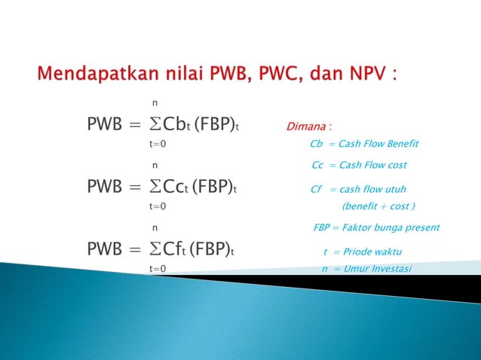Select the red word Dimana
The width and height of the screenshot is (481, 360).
point(308,126)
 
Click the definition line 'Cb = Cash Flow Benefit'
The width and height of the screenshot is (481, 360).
point(364,144)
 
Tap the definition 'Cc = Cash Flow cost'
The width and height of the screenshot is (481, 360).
point(359,165)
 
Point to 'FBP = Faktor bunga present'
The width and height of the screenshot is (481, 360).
point(376,227)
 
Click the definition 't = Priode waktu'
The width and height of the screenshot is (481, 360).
point(362,252)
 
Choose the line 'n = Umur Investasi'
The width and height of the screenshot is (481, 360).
point(366,269)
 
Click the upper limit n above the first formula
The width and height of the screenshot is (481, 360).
point(155,102)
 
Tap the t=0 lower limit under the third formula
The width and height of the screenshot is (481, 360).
point(158,268)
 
